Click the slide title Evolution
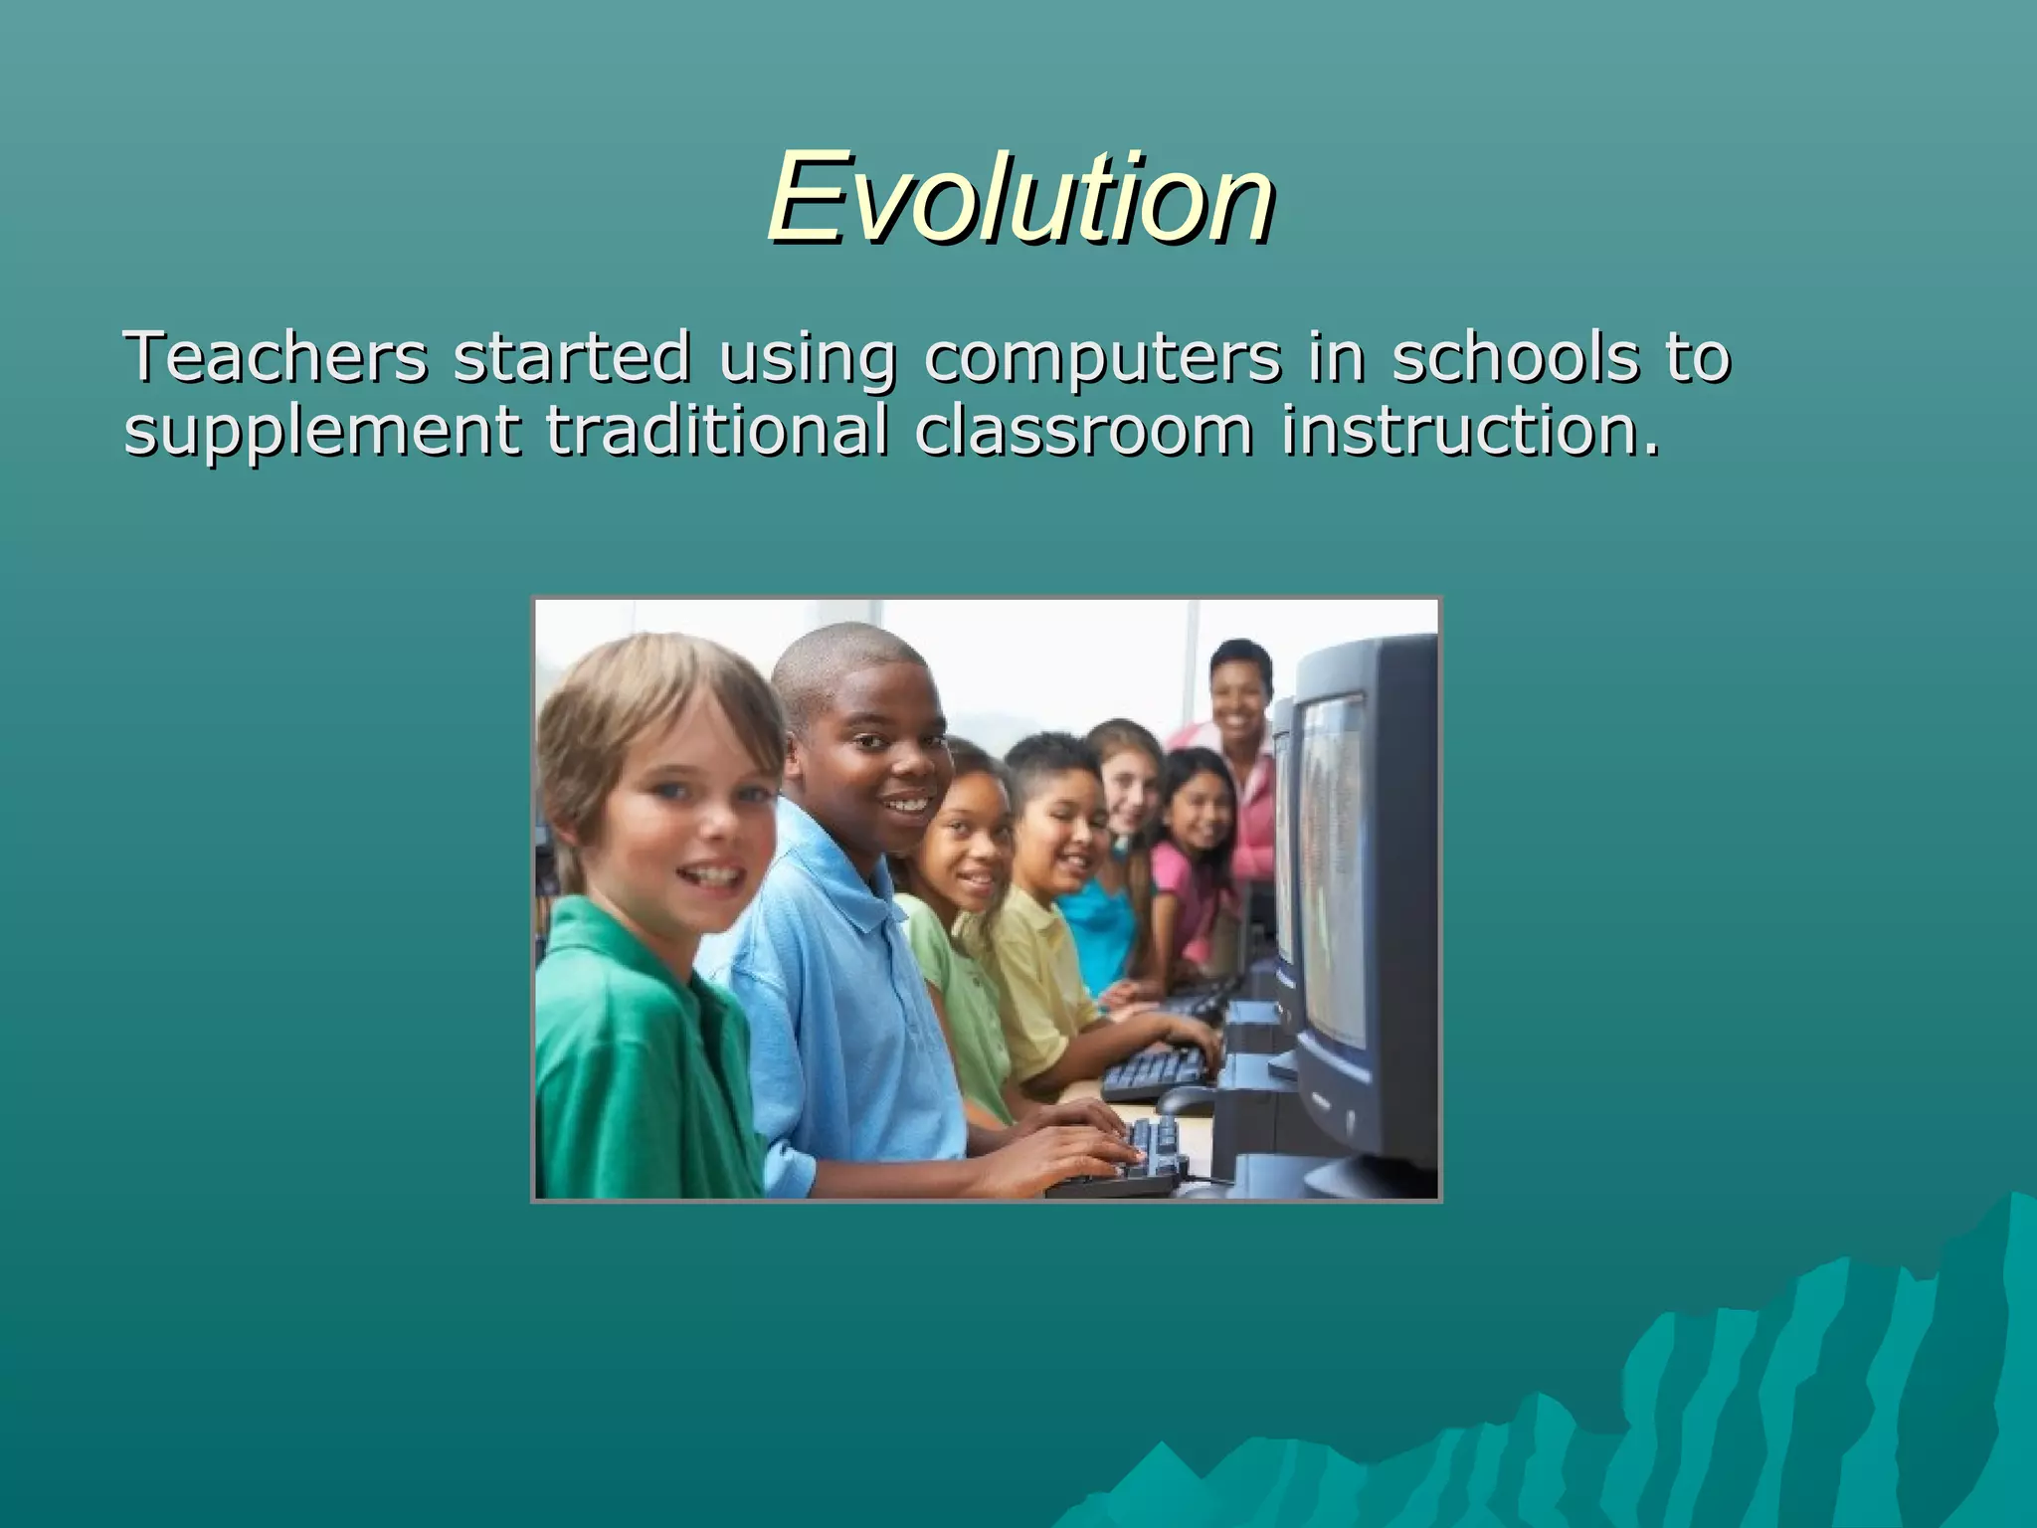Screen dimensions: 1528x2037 point(1020,198)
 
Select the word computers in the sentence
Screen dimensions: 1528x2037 point(1102,359)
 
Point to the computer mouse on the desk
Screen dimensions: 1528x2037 point(1184,1099)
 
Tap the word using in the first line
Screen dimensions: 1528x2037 point(807,359)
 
